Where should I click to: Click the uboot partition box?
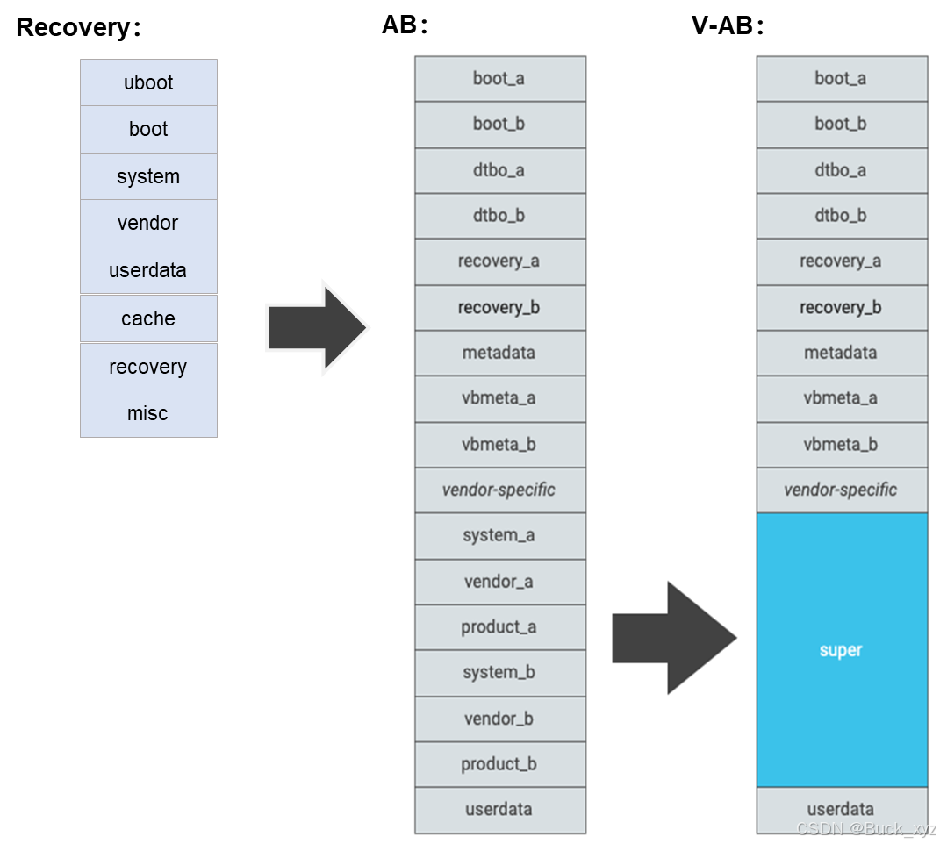pos(148,82)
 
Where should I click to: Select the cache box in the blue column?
pos(148,318)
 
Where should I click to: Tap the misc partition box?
pos(148,413)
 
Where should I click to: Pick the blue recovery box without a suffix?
pos(148,367)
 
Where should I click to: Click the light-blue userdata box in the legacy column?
pos(148,270)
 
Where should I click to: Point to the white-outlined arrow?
pos(318,328)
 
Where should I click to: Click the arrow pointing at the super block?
pos(672,638)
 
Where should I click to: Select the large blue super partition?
pos(842,650)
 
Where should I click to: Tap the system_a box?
pos(499,535)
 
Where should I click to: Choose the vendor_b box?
pos(499,719)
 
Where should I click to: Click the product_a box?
pos(499,627)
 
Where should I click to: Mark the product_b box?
pos(499,764)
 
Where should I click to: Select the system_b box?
pos(499,673)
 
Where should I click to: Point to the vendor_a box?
pos(499,582)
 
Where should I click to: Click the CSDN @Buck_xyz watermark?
pos(865,828)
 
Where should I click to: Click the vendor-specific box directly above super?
pos(842,490)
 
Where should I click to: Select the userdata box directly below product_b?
pos(499,810)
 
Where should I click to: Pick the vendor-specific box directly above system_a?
pos(499,490)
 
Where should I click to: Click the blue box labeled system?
pos(148,176)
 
